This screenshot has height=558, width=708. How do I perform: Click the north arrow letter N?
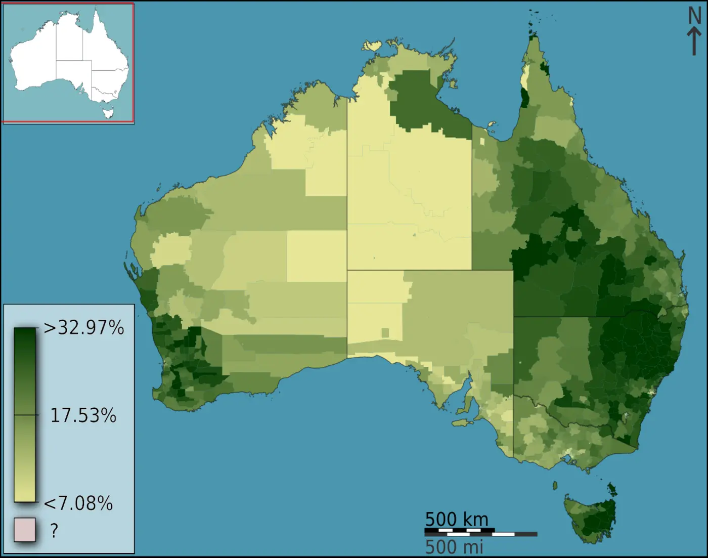pyautogui.click(x=695, y=16)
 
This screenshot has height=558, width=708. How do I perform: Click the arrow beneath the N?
pyautogui.click(x=694, y=40)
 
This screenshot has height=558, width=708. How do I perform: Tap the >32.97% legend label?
pyautogui.click(x=84, y=328)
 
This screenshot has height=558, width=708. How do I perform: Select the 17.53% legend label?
pyautogui.click(x=83, y=415)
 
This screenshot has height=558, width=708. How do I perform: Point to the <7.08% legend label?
pyautogui.click(x=78, y=503)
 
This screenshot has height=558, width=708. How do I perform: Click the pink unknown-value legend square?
pyautogui.click(x=25, y=530)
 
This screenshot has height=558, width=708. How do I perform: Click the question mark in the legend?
pyautogui.click(x=54, y=530)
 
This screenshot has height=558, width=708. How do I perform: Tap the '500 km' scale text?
pyautogui.click(x=457, y=519)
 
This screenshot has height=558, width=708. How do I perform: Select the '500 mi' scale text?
pyautogui.click(x=454, y=547)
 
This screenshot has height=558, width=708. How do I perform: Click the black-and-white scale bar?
pyautogui.click(x=480, y=533)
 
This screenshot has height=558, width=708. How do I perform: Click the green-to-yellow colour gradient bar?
pyautogui.click(x=25, y=415)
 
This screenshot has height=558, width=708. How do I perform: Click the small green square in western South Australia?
pyautogui.click(x=385, y=333)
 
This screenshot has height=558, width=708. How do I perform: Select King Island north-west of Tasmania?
pyautogui.click(x=555, y=486)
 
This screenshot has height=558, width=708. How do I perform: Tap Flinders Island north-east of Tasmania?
pyautogui.click(x=612, y=489)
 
